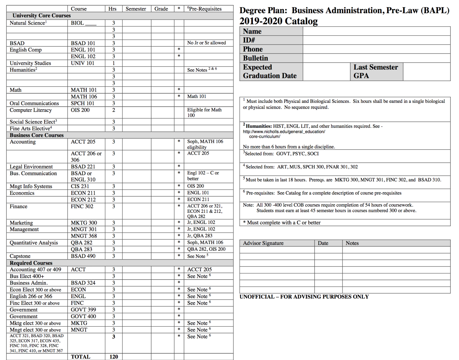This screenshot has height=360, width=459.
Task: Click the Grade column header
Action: pyautogui.click(x=161, y=9)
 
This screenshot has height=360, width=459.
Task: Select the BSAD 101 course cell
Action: pyautogui.click(x=83, y=43)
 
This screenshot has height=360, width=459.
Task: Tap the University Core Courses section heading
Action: pyautogui.click(x=42, y=16)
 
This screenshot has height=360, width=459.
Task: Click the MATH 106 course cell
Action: pyautogui.click(x=84, y=96)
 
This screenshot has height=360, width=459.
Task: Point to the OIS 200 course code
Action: pyautogui.click(x=80, y=110)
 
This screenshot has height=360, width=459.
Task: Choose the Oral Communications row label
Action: pyautogui.click(x=34, y=103)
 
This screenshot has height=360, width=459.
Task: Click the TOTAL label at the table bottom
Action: pyautogui.click(x=80, y=357)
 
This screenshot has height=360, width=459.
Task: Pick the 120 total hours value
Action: pyautogui.click(x=114, y=357)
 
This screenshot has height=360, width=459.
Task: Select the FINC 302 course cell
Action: pyautogui.click(x=82, y=206)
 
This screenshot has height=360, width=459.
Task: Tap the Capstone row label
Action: pyautogui.click(x=20, y=256)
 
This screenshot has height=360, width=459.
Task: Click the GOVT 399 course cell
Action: pyautogui.click(x=83, y=310)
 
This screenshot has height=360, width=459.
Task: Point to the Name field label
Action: pyautogui.click(x=252, y=31)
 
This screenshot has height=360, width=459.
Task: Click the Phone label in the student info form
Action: pyautogui.click(x=253, y=49)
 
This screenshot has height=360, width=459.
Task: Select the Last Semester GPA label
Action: pyautogui.click(x=375, y=71)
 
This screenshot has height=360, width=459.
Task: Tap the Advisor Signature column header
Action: pyautogui.click(x=263, y=243)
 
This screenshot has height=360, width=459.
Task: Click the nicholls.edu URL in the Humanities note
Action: pyautogui.click(x=284, y=131)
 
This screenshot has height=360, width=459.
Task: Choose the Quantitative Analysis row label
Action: pyautogui.click(x=34, y=243)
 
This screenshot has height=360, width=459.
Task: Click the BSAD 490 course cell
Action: pyautogui.click(x=83, y=256)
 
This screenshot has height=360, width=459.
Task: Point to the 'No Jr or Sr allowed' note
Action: pyautogui.click(x=206, y=43)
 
